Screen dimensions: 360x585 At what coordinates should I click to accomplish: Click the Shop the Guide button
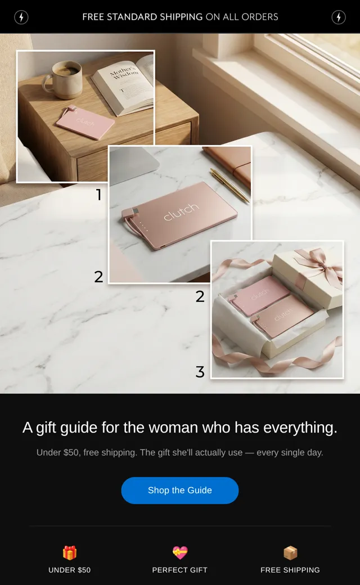(180, 490)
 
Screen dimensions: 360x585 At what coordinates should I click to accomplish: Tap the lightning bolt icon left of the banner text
(21, 17)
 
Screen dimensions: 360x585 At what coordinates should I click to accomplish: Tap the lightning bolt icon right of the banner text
(339, 17)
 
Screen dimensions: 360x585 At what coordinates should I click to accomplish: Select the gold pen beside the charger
(229, 186)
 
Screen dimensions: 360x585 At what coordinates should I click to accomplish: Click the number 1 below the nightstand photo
(99, 195)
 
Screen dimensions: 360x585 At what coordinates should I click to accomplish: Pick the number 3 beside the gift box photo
(200, 372)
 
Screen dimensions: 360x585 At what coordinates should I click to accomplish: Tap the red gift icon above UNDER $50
(70, 552)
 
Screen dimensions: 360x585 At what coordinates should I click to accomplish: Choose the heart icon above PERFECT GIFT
(180, 552)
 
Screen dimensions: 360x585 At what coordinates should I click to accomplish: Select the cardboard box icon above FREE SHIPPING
(290, 552)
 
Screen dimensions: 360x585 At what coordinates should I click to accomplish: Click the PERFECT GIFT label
(180, 570)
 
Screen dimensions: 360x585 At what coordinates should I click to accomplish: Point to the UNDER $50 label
(70, 570)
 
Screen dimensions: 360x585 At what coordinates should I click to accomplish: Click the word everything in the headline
(300, 427)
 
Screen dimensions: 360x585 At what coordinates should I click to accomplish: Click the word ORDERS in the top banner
(260, 17)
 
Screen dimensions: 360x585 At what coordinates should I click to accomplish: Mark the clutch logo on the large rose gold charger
(181, 211)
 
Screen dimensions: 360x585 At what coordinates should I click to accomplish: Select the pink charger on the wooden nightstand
(85, 123)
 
